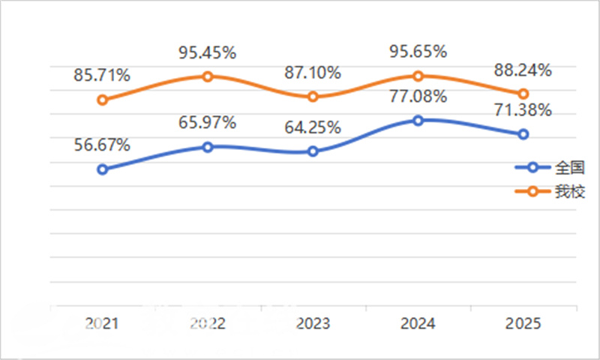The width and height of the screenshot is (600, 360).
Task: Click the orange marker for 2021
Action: pos(102,100)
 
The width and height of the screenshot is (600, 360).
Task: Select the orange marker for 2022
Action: pos(208,76)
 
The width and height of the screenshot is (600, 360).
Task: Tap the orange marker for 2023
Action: pos(313,97)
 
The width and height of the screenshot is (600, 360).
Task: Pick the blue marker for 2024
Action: pos(418,121)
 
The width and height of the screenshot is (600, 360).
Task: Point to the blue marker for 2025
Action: pos(523,134)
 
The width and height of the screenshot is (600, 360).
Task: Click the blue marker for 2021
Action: pos(102,169)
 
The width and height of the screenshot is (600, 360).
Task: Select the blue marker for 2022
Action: pos(208,147)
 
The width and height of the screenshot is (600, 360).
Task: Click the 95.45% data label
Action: pos(208,52)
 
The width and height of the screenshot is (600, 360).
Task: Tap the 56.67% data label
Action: pos(102,145)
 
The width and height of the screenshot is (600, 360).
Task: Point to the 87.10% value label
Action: pos(313,73)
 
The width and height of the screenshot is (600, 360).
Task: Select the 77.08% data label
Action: pos(418,96)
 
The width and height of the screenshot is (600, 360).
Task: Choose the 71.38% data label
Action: pos(523,110)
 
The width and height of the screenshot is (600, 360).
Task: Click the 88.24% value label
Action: pos(523,70)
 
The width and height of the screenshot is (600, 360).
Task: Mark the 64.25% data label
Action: pos(313,127)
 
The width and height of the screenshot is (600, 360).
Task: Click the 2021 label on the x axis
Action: pos(102,324)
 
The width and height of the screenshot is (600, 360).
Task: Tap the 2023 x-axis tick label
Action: pos(313,324)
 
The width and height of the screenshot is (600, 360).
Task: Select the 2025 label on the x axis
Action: pos(523,324)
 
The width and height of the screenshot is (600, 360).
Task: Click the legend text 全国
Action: pos(570,167)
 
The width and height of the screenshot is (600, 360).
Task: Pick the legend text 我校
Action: pos(570,191)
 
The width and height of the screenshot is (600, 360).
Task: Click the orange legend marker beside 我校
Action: pos(532,191)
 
